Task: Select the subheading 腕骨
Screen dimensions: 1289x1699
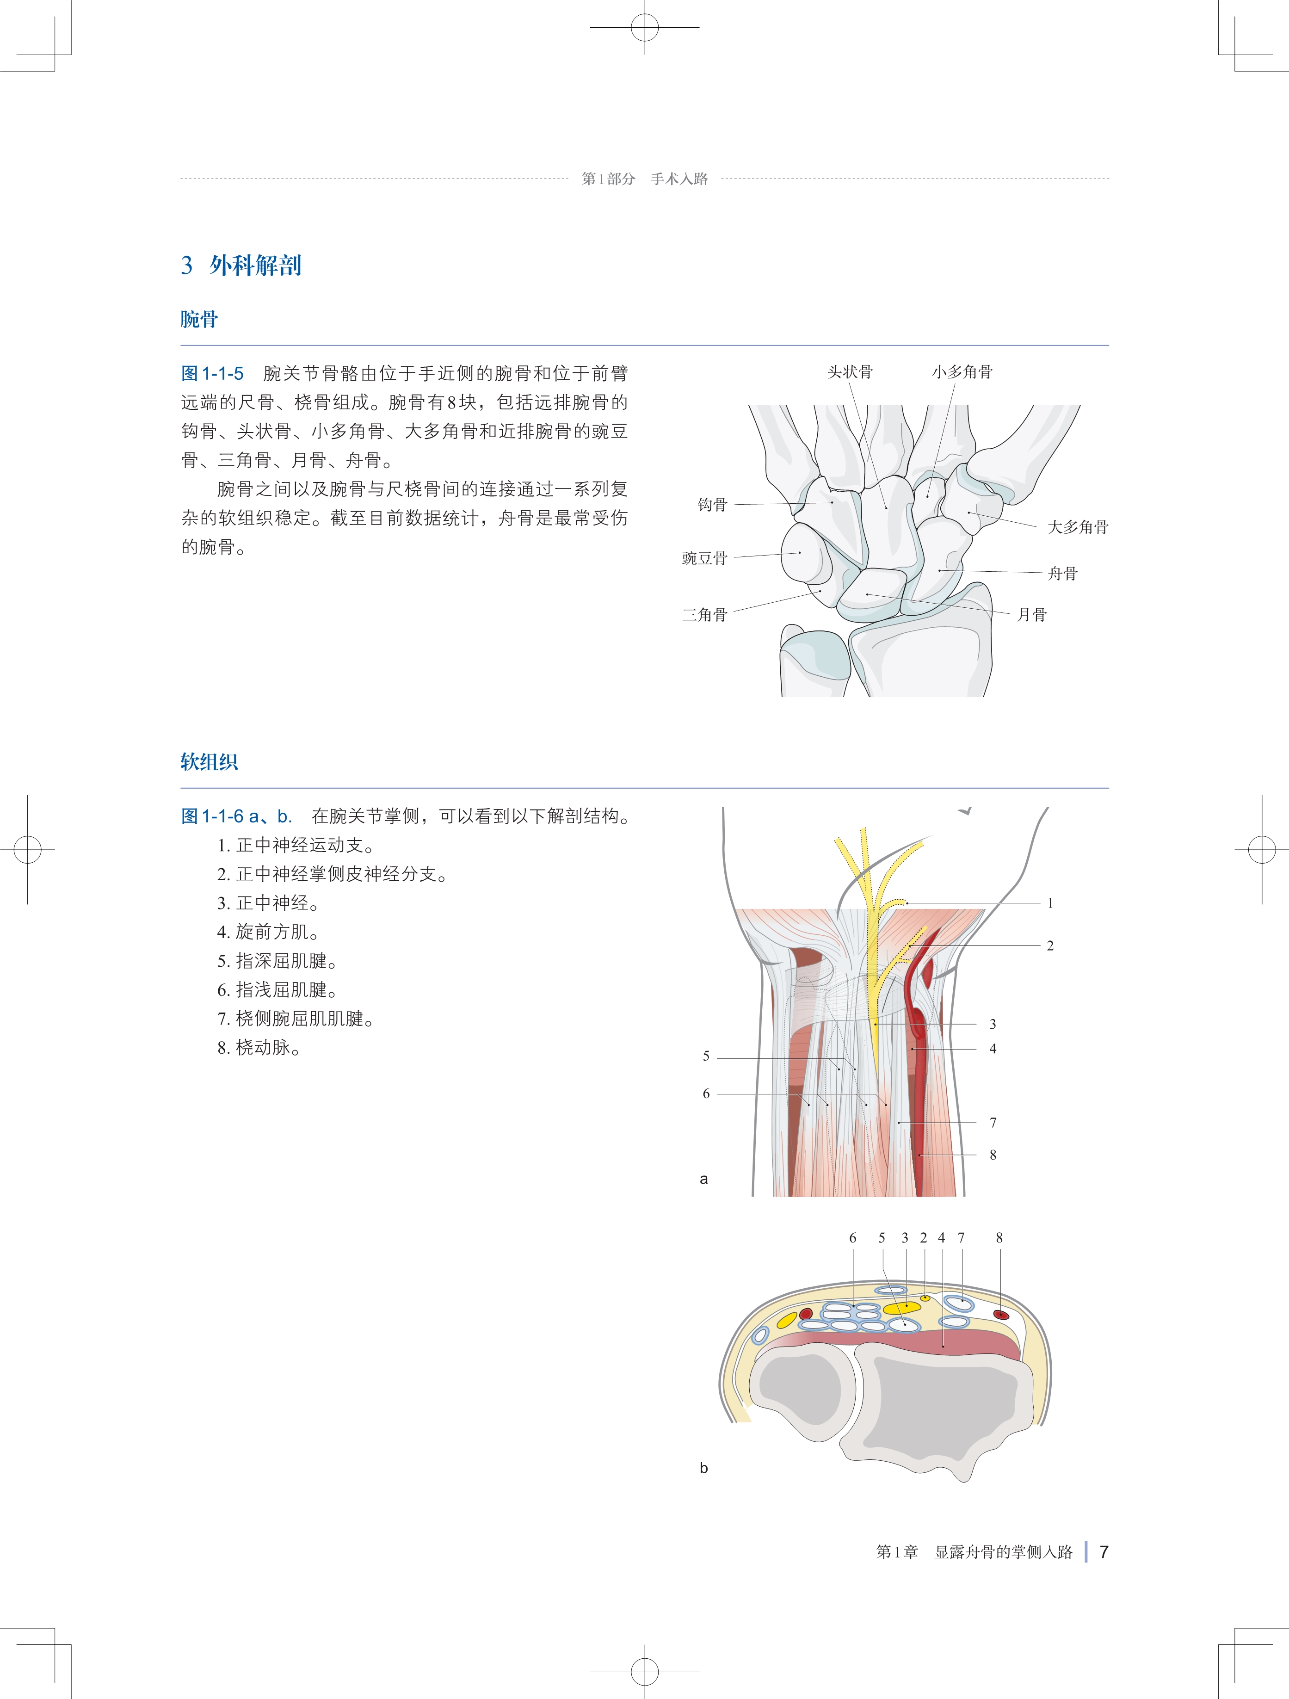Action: [199, 320]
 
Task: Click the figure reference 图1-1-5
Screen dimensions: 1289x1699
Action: [212, 374]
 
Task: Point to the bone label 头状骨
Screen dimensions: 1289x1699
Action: [850, 372]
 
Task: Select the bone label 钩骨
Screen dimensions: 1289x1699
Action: [712, 505]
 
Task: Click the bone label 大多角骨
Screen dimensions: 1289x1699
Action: [1078, 527]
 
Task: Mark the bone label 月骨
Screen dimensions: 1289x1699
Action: [1032, 614]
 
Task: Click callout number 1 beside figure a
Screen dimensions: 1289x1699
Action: [1050, 903]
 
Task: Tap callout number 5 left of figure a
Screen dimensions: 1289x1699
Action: [706, 1056]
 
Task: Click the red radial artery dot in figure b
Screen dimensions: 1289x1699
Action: [1001, 1315]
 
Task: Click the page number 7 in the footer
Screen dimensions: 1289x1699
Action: [1104, 1552]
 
